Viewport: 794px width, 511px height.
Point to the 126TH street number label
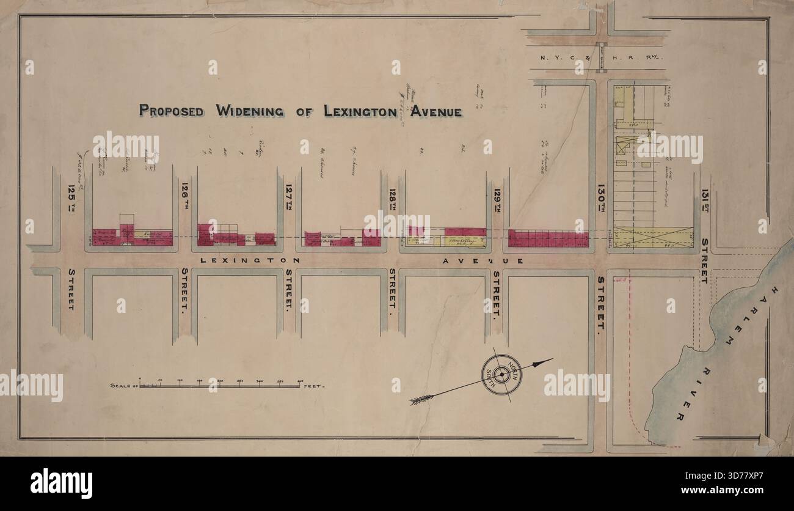click(x=184, y=198)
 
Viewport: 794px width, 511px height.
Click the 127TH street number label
click(x=288, y=198)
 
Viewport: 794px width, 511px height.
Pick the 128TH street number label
click(x=392, y=198)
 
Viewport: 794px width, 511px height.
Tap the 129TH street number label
click(x=497, y=198)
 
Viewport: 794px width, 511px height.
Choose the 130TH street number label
click(x=601, y=198)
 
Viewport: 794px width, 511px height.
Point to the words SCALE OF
click(x=123, y=386)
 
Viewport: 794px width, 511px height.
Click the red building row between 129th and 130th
click(x=548, y=238)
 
